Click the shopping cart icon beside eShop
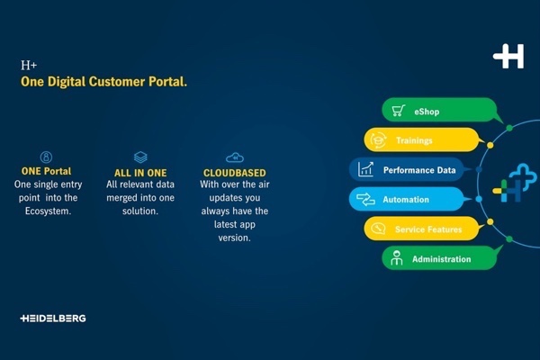click(398, 110)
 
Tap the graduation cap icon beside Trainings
click(378, 140)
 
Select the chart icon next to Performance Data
click(365, 169)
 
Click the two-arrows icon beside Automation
click(365, 199)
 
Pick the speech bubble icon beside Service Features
click(378, 229)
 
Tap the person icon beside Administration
click(397, 258)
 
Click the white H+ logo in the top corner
click(508, 56)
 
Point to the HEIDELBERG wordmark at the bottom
click(53, 319)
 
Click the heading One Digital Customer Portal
click(103, 82)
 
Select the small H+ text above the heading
click(29, 65)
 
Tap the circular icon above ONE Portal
click(46, 157)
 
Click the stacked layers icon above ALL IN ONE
click(140, 157)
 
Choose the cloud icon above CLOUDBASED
click(235, 157)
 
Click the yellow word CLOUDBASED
click(235, 173)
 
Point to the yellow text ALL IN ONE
click(140, 173)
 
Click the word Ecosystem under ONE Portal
click(49, 211)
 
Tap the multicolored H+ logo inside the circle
click(515, 183)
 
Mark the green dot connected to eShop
click(509, 128)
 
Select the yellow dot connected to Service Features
click(490, 221)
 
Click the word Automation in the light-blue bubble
click(406, 200)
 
